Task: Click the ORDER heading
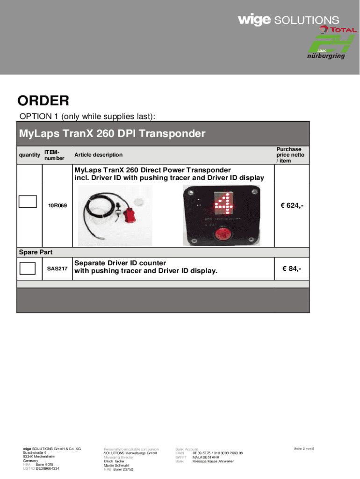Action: point(43,101)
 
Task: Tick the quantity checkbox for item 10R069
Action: point(28,201)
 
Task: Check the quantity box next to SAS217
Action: point(28,269)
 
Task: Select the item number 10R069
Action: point(57,205)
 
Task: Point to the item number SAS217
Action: point(57,269)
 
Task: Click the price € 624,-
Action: point(291,205)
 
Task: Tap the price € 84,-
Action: point(291,269)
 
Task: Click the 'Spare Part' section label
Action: point(36,253)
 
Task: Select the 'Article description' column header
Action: point(98,155)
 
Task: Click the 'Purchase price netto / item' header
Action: point(290,155)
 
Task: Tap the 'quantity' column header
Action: point(29,155)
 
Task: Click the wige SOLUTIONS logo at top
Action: point(288,20)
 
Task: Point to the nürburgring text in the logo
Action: point(326,56)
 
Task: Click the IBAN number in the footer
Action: point(217,453)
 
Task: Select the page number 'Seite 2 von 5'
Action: point(304,449)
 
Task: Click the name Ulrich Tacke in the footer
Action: point(114,461)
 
